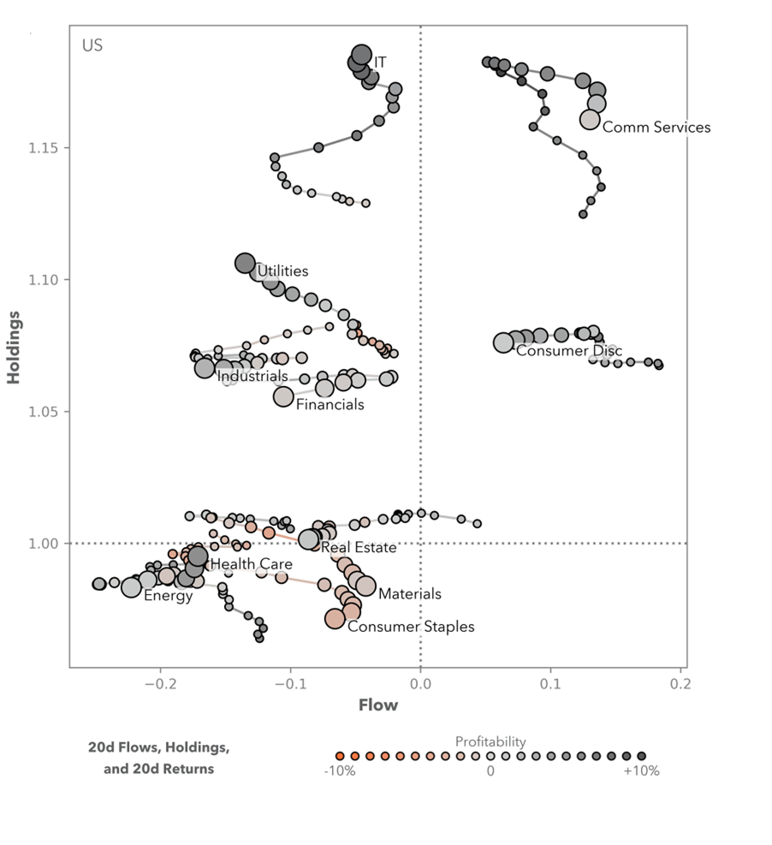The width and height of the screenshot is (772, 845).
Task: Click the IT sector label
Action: (380, 63)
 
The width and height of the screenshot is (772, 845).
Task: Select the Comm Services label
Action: (656, 128)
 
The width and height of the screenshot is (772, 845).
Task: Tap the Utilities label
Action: (282, 271)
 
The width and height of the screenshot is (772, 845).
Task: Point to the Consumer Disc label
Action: (568, 351)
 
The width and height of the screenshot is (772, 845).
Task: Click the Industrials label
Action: (252, 376)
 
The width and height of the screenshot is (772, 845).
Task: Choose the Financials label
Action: (330, 405)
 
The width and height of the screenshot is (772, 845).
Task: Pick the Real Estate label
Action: (358, 548)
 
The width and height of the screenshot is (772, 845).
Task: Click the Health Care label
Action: (251, 564)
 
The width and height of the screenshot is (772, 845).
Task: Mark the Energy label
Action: (168, 596)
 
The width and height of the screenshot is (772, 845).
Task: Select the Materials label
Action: (409, 594)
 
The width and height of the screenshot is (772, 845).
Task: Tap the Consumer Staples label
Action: (410, 627)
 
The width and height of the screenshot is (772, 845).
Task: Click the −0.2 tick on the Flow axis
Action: (159, 684)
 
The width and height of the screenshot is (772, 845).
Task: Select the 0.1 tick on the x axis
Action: (550, 684)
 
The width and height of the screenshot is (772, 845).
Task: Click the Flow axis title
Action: (377, 705)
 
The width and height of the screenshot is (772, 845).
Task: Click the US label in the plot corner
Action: (92, 45)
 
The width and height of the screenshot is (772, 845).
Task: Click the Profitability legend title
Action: (490, 741)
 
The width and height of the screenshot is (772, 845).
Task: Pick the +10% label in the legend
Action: (641, 771)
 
